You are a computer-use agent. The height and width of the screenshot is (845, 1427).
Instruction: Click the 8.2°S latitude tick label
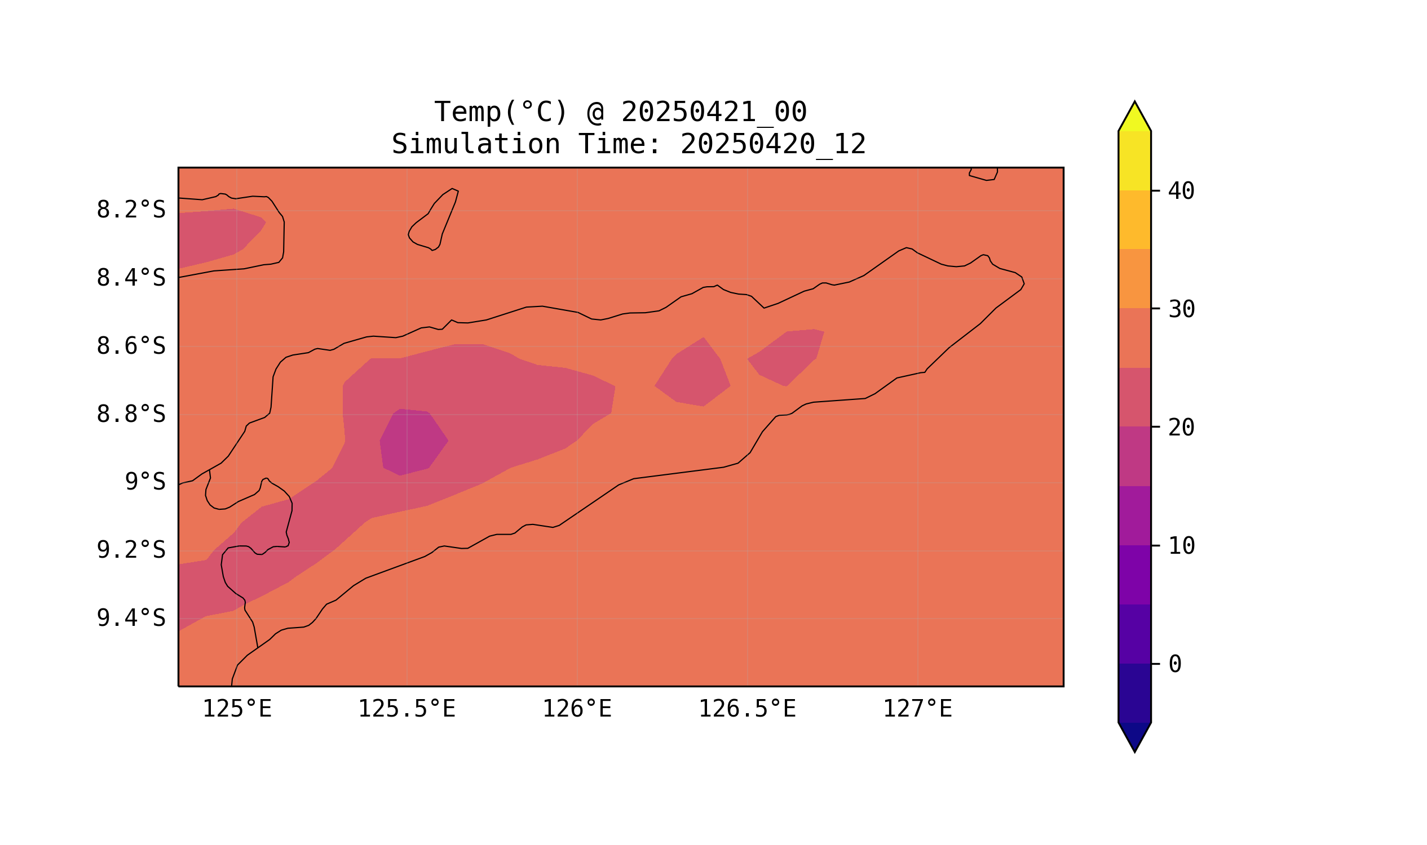click(x=130, y=210)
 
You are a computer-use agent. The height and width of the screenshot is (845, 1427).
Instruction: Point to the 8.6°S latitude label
click(x=130, y=346)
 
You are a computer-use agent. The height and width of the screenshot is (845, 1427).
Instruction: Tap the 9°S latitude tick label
click(x=145, y=482)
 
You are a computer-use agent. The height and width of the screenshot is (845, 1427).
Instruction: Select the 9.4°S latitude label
click(x=130, y=618)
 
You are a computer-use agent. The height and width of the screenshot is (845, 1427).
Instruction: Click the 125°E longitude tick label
click(x=237, y=709)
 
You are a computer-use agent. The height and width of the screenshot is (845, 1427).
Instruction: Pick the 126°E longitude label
click(x=577, y=709)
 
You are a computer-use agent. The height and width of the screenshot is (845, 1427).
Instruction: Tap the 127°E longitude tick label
click(x=917, y=709)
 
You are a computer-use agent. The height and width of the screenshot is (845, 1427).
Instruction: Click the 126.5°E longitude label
click(x=747, y=709)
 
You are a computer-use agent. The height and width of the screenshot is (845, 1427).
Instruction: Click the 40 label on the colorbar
click(x=1181, y=192)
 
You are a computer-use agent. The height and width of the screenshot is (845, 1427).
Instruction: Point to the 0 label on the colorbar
click(x=1174, y=664)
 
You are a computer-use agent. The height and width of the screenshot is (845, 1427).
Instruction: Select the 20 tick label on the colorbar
click(x=1181, y=428)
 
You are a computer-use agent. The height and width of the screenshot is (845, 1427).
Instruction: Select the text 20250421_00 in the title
click(x=714, y=112)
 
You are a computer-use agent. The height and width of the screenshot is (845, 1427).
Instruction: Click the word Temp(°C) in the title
click(x=501, y=112)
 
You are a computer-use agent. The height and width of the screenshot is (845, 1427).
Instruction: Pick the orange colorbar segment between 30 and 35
click(x=1134, y=279)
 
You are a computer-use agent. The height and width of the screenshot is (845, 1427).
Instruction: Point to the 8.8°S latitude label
click(x=130, y=415)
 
